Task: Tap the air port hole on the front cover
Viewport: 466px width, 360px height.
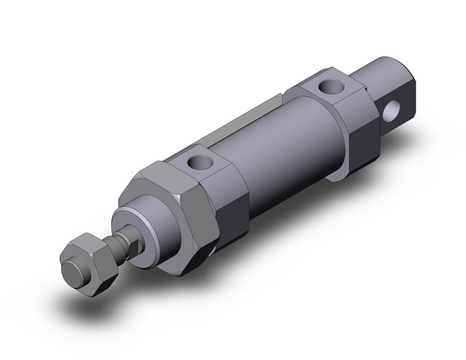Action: pyautogui.click(x=197, y=163)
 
